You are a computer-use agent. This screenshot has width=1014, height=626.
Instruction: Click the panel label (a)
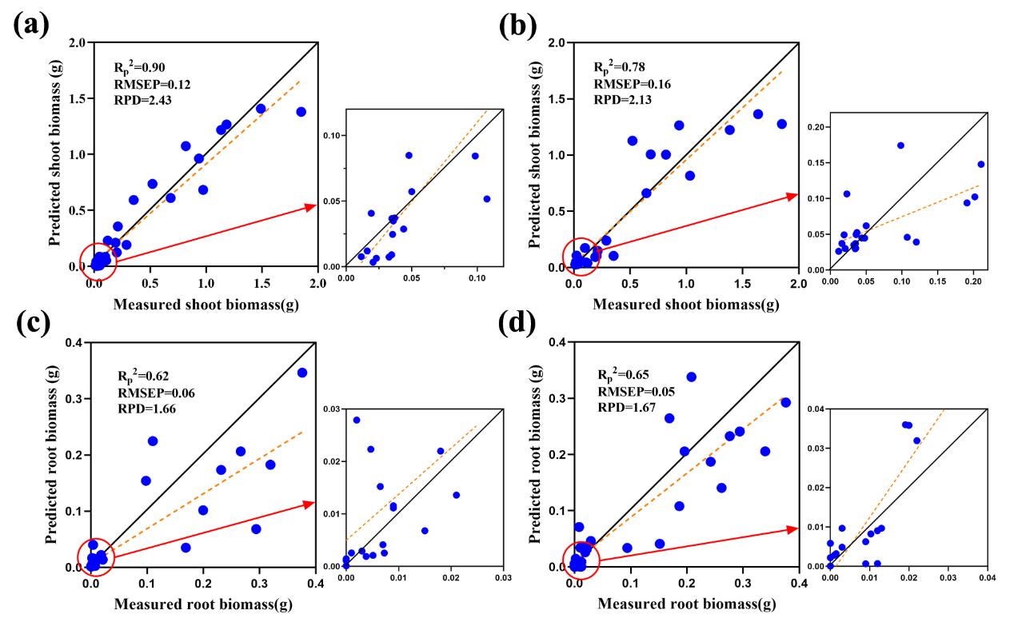click(x=31, y=24)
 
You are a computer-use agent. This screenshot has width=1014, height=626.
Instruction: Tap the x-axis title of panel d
click(x=685, y=604)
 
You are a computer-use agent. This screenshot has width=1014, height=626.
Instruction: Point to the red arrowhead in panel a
click(x=311, y=206)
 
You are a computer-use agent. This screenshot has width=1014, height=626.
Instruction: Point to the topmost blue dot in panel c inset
click(x=357, y=420)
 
